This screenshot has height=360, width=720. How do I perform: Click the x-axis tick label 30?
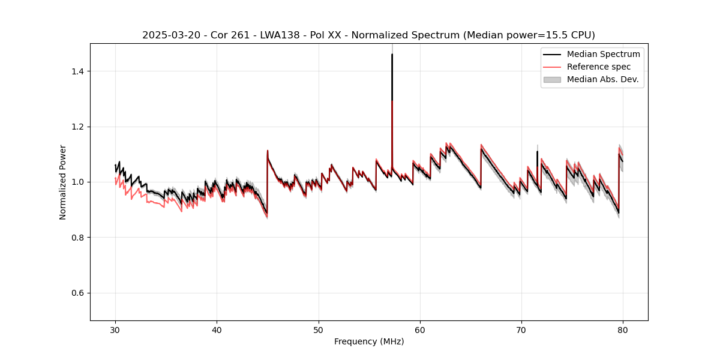(115, 330)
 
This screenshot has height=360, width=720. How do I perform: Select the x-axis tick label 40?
(217, 330)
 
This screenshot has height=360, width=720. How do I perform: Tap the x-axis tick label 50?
(319, 330)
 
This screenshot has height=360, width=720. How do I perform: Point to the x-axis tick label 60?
(420, 330)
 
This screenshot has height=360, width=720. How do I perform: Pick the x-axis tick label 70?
(521, 330)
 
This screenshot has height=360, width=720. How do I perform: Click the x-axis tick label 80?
(623, 330)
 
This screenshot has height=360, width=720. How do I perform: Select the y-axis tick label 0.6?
(78, 293)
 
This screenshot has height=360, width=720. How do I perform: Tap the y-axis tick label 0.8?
(78, 238)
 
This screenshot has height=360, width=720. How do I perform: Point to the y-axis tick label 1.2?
(78, 127)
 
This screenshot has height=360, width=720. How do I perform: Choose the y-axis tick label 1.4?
(78, 71)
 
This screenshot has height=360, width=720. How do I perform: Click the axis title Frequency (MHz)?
(369, 342)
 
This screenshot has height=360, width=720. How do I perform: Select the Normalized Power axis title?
(63, 182)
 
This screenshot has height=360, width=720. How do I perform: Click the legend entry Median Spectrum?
(603, 54)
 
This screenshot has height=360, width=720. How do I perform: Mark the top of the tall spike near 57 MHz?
(392, 55)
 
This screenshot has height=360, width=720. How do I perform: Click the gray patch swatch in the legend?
(552, 79)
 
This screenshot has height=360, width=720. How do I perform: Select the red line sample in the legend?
(552, 67)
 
